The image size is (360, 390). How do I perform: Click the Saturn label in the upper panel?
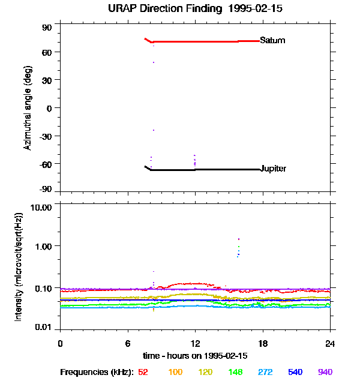point(272,41)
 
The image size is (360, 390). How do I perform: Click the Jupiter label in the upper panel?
point(273,169)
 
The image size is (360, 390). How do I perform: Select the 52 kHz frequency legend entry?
point(143,373)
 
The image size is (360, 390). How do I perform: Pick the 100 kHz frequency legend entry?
point(175,373)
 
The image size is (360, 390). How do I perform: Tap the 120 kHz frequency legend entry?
point(205,373)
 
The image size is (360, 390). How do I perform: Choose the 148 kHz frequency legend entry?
point(235,373)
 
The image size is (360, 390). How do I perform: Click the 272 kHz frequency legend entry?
point(265,373)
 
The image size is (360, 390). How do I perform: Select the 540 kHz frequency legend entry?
point(295,373)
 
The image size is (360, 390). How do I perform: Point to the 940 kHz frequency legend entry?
point(325,373)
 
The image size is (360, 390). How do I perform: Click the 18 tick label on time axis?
point(263,343)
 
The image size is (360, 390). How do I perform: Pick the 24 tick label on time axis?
point(331,343)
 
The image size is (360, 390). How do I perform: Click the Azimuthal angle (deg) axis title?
point(28,107)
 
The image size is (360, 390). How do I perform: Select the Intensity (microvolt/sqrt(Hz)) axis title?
point(19,266)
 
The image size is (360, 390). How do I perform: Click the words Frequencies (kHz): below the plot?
point(97,373)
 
